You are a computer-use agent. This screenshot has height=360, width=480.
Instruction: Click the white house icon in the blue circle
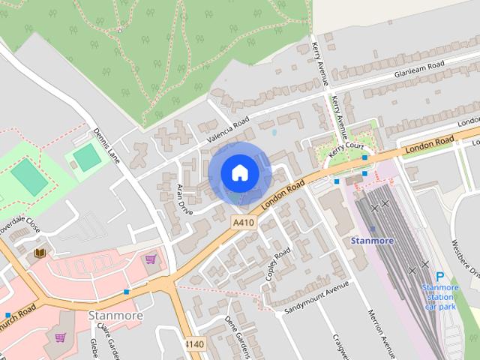(x=239, y=173)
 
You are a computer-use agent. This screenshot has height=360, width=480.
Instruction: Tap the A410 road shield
(x=243, y=223)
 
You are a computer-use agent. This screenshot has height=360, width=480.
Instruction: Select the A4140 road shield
(x=194, y=344)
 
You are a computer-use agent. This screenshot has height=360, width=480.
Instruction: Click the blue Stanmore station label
(x=372, y=241)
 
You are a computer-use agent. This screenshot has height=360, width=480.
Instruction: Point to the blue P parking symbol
(x=440, y=276)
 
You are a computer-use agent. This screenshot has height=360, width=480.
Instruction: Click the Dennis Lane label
(x=106, y=145)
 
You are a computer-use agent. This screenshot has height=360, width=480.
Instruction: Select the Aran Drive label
(x=184, y=199)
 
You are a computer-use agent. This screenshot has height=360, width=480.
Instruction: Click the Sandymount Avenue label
(x=318, y=297)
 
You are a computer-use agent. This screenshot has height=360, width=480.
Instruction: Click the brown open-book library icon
(x=39, y=254)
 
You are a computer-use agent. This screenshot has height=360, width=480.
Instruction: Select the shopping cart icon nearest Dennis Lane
(x=151, y=259)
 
